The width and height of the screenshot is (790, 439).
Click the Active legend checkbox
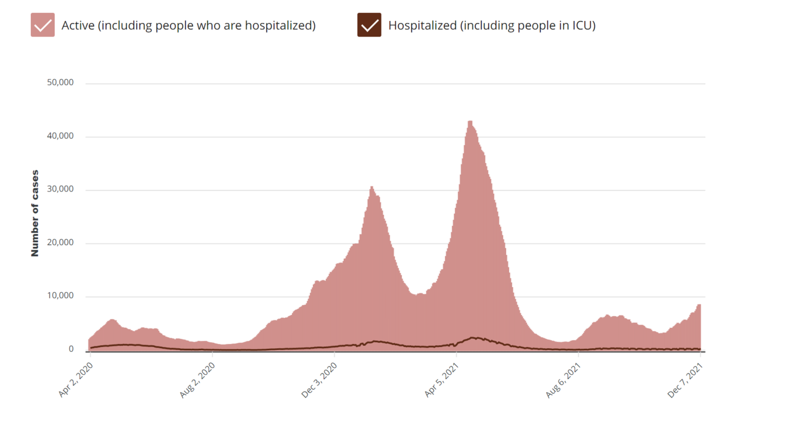click(x=43, y=25)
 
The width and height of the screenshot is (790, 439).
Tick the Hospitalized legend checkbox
click(x=369, y=25)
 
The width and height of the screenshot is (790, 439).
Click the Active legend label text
click(x=188, y=25)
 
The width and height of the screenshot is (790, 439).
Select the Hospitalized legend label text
click(x=491, y=25)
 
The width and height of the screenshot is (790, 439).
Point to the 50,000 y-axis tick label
click(x=60, y=83)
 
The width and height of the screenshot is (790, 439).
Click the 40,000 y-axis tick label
click(x=60, y=136)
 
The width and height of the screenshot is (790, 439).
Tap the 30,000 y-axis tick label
click(x=60, y=190)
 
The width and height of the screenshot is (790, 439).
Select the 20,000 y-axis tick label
click(x=60, y=243)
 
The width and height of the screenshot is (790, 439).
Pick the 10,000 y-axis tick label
click(x=60, y=296)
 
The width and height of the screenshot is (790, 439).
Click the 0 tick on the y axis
click(x=71, y=349)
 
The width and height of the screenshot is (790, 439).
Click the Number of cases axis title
click(x=35, y=213)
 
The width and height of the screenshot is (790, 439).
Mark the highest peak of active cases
click(x=470, y=122)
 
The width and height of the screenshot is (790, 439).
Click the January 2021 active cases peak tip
click(x=372, y=186)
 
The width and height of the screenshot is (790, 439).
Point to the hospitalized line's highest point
click(x=473, y=338)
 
